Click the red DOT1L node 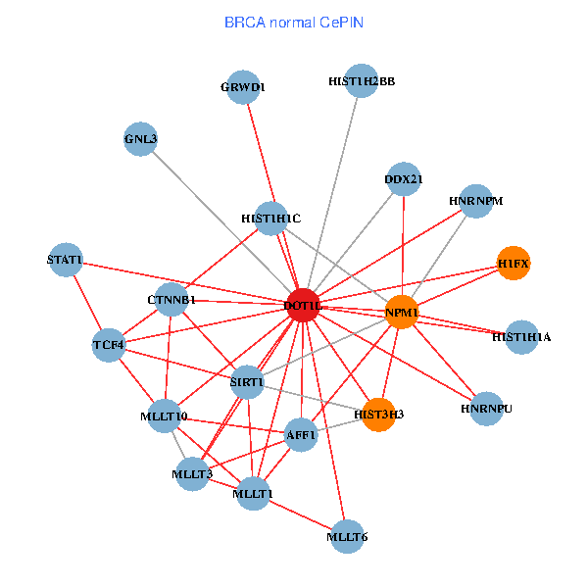303,305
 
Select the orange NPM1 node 402,312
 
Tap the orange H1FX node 514,264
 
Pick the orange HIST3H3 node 378,415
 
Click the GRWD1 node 243,87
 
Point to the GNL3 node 140,139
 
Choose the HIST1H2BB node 361,81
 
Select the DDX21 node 404,179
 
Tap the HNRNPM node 476,201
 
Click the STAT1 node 66,260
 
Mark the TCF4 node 109,345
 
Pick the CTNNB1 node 171,300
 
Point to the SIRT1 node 247,382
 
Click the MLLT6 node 347,537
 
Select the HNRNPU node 486,409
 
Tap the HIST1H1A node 521,337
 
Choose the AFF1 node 301,435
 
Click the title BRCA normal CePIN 294,23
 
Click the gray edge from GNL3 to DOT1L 221,222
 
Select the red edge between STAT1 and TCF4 87,302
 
